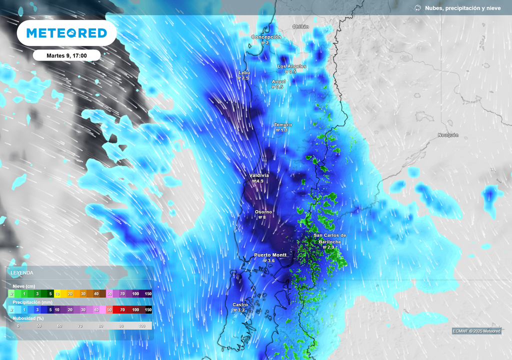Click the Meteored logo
66,33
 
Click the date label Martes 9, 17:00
66,55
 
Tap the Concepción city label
266,37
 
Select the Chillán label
300,26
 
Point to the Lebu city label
244,72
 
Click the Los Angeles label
292,66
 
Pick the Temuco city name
283,124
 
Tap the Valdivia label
259,175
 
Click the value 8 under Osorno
264,217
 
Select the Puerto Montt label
270,255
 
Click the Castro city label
240,304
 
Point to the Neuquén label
448,135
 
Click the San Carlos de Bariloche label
329,238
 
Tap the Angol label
278,81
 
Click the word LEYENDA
22,273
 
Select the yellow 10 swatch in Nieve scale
57,294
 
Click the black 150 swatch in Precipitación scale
148,310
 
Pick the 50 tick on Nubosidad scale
39,325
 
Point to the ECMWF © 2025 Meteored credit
476,331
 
